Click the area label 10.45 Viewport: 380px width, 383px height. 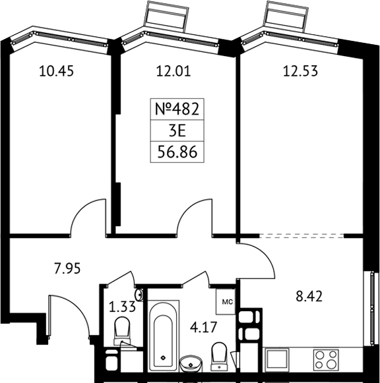[x=56, y=72]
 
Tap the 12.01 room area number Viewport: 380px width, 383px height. [x=174, y=72]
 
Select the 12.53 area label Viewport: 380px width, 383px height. [x=300, y=72]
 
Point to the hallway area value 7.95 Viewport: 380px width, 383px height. [x=67, y=269]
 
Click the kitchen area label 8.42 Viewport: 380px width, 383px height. [x=309, y=297]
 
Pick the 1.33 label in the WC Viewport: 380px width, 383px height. [x=122, y=307]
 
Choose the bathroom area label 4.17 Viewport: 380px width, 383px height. [x=204, y=328]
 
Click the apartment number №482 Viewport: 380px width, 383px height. [x=177, y=109]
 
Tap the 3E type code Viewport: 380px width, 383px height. [x=177, y=131]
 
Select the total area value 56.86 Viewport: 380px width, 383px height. [x=177, y=152]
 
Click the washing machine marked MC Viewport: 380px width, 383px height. [x=226, y=302]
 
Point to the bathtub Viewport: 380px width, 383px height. [x=163, y=336]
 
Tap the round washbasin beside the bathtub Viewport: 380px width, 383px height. [x=191, y=364]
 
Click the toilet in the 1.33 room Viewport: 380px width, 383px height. [x=122, y=332]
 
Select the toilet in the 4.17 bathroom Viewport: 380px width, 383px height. [x=219, y=356]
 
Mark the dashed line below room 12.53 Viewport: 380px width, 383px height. [x=301, y=236]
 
